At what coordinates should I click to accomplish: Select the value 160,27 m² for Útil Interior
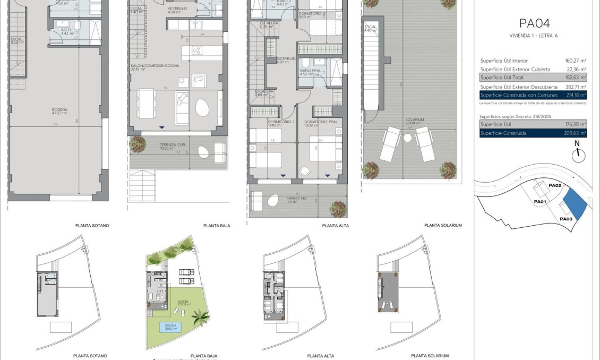(575, 61)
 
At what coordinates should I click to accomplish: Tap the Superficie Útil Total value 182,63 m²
(575, 78)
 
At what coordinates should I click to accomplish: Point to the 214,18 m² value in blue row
(575, 95)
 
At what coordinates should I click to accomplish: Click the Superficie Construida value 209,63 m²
(575, 133)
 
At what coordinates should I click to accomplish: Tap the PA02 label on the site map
(555, 185)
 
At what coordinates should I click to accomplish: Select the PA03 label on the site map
(565, 219)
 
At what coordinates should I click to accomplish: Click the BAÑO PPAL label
(310, 72)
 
